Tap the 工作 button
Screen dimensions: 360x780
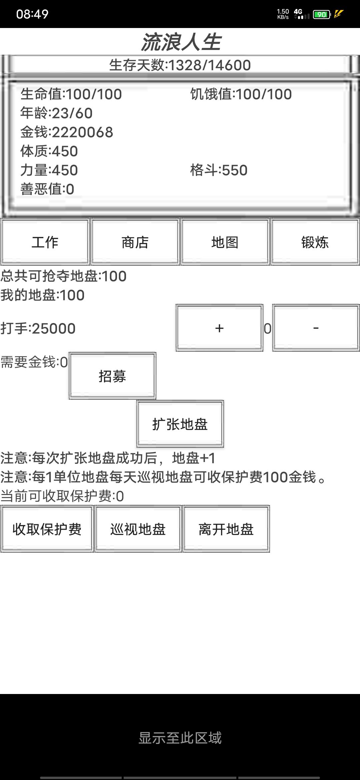tap(45, 242)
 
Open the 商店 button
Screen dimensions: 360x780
tap(135, 242)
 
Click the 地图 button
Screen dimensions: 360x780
tap(225, 242)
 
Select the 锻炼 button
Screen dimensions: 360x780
tap(315, 242)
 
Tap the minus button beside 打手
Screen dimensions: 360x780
tap(316, 328)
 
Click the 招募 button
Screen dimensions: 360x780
tap(112, 376)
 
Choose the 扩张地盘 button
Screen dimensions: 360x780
tap(180, 424)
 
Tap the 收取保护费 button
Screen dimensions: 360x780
tap(47, 529)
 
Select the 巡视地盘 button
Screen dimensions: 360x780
tap(138, 529)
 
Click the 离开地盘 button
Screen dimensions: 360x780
tap(226, 529)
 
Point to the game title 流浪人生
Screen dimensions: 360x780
tap(181, 42)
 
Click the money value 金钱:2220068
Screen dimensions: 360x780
tap(67, 132)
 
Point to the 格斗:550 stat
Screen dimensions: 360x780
tap(219, 170)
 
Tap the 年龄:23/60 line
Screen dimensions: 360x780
tap(56, 113)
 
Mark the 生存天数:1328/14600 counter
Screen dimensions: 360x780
tap(180, 65)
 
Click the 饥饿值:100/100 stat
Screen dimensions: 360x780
tap(241, 94)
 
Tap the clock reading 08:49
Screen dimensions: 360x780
tap(32, 14)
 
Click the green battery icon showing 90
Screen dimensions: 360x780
tap(322, 14)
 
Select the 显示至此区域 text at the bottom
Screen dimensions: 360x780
tap(180, 738)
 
